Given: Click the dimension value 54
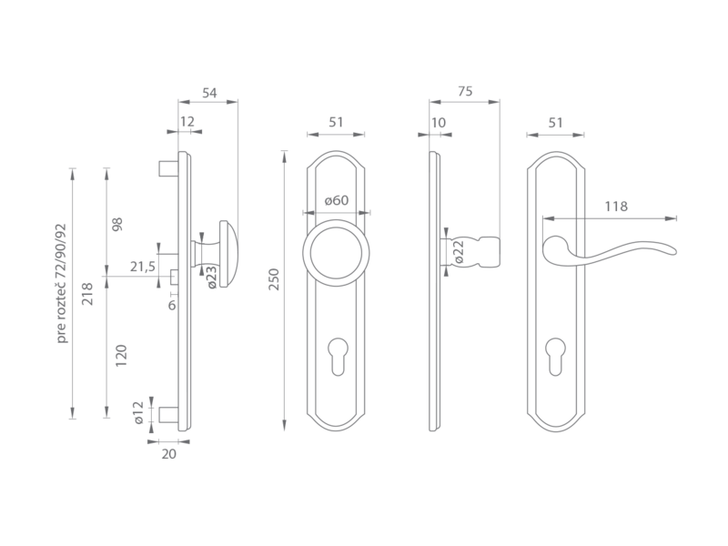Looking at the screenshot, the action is pyautogui.click(x=209, y=93).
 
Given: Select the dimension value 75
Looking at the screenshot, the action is pyautogui.click(x=465, y=91).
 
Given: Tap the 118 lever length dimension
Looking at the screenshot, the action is pyautogui.click(x=616, y=207).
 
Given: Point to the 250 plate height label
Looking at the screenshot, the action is pyautogui.click(x=274, y=279).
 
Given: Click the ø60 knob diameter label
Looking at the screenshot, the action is pyautogui.click(x=337, y=200).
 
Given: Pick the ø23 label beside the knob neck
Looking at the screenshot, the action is pyautogui.click(x=211, y=278).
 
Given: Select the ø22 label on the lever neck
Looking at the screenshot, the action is pyautogui.click(x=459, y=252).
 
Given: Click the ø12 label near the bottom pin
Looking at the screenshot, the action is pyautogui.click(x=138, y=413).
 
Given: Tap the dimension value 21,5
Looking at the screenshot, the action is pyautogui.click(x=143, y=267).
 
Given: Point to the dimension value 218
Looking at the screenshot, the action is pyautogui.click(x=86, y=294).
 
